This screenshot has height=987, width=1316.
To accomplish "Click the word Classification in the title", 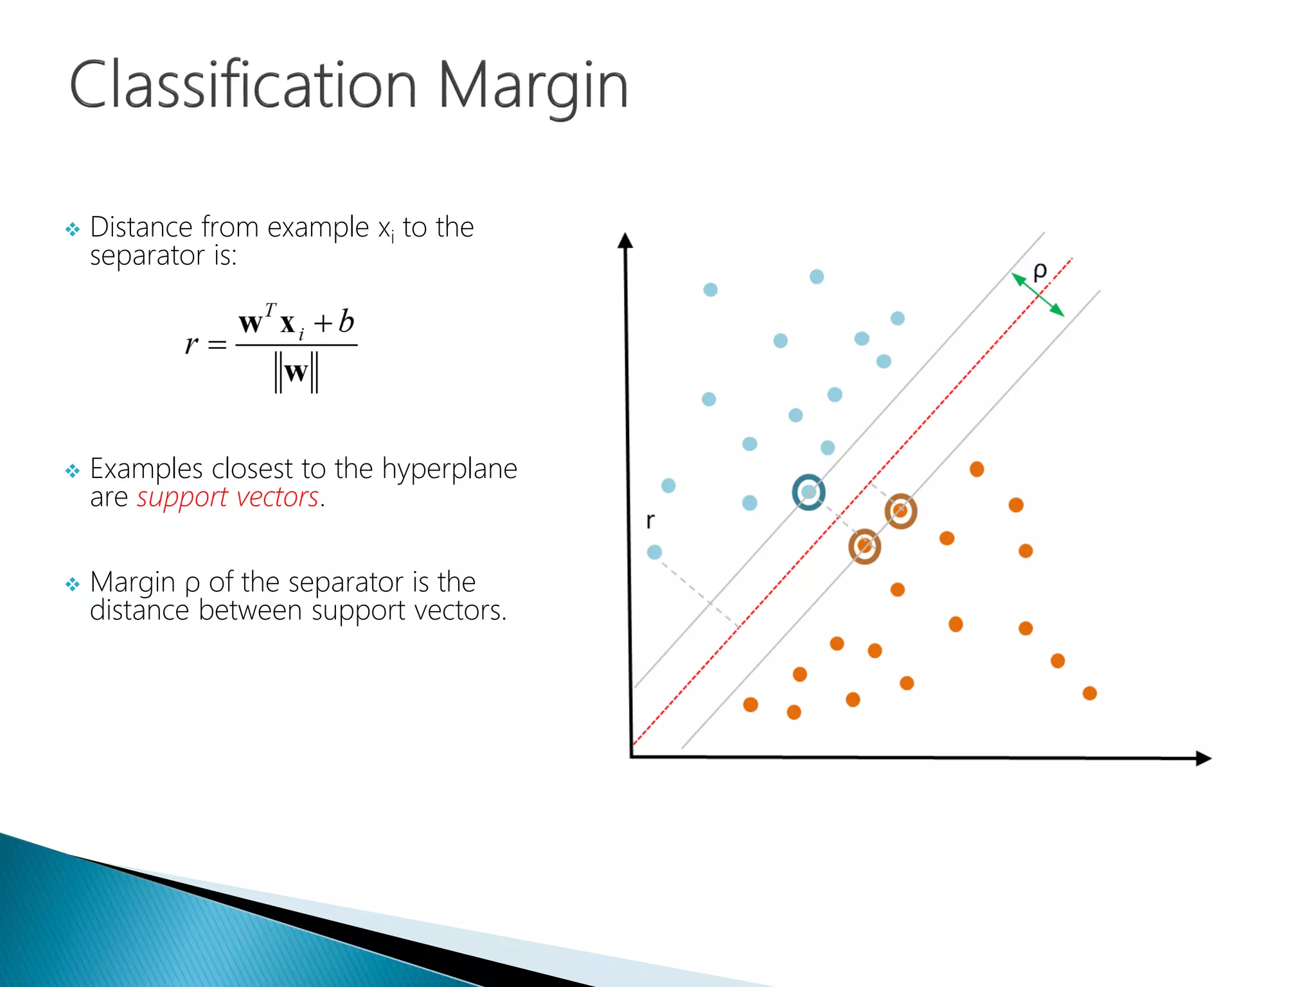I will click(x=243, y=85).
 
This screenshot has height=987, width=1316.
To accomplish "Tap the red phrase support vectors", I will click(x=227, y=497).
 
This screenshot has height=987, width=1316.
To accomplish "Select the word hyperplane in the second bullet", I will click(x=449, y=469).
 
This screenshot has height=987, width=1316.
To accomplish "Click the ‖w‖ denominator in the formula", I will click(x=296, y=373).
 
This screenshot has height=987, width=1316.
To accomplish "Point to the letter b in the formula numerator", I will click(x=346, y=321).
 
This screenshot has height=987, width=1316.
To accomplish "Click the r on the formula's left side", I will click(x=191, y=345).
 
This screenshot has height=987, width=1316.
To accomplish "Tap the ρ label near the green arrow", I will click(x=1040, y=271).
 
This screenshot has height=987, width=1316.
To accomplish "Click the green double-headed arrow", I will click(x=1038, y=294).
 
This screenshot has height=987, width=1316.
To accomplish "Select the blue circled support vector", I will click(x=808, y=492).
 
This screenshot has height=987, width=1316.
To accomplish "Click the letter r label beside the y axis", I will click(x=650, y=520).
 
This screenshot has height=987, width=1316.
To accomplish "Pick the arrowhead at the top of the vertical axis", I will click(x=625, y=240).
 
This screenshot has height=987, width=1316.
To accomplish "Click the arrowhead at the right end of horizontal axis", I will click(x=1204, y=758).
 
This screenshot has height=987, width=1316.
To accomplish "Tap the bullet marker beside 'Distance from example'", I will click(x=73, y=229).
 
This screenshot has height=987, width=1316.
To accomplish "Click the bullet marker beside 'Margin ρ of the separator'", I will click(x=73, y=584).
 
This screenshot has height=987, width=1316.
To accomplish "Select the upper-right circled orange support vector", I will click(x=900, y=511).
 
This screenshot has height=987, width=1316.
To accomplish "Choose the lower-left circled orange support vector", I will click(x=864, y=546).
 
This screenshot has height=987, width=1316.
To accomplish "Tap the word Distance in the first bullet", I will click(x=141, y=227).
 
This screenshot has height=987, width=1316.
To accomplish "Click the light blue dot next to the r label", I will click(x=654, y=552).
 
